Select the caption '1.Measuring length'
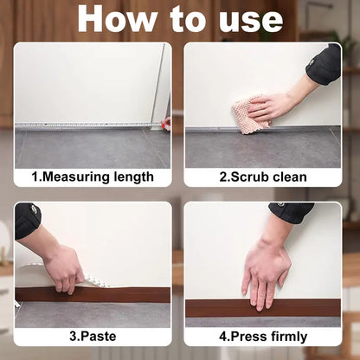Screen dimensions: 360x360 tap(93, 177)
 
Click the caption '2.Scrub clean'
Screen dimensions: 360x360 tap(261, 177)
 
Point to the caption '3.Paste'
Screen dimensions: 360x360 tap(93, 337)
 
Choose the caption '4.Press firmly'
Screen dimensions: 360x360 tap(261, 337)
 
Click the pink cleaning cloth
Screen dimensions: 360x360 tap(250, 115)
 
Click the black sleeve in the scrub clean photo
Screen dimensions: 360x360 tap(324, 65)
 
